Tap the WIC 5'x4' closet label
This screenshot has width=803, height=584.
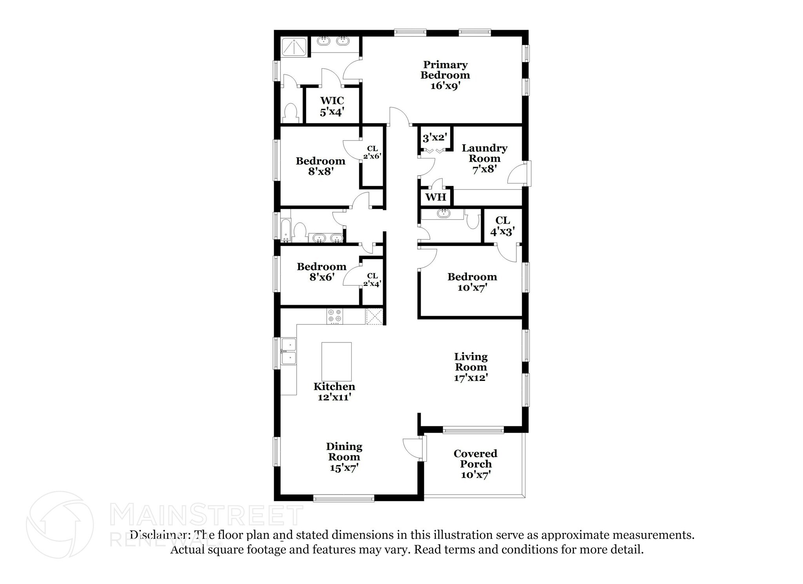(x=332, y=106)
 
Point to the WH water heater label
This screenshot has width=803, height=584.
(x=436, y=197)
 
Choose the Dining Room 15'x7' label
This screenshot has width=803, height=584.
(x=344, y=457)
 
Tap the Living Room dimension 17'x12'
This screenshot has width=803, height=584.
(x=471, y=378)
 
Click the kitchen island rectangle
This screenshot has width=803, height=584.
(x=336, y=361)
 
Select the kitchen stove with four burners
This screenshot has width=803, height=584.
(x=334, y=316)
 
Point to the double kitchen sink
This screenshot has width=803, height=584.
(x=289, y=351)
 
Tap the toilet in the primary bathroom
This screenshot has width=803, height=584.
(x=291, y=112)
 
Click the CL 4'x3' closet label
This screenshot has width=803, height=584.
(x=502, y=226)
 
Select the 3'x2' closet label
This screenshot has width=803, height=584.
(x=435, y=138)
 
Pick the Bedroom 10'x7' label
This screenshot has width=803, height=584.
(x=472, y=282)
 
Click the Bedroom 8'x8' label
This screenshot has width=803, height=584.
(x=320, y=166)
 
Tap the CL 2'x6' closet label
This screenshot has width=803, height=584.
(x=372, y=152)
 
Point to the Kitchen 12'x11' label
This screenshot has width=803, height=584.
(x=334, y=392)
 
